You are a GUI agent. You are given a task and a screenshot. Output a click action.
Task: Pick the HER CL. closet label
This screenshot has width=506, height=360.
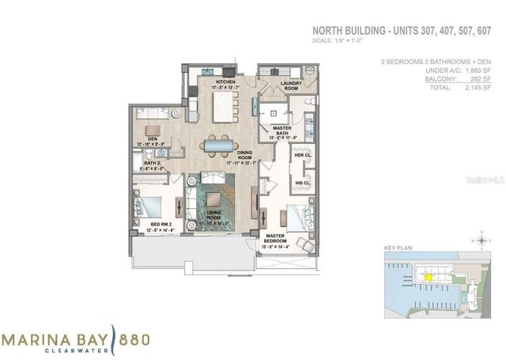pyautogui.click(x=301, y=156)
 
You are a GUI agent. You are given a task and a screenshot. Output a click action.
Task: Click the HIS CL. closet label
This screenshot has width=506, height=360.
pyautogui.click(x=301, y=183)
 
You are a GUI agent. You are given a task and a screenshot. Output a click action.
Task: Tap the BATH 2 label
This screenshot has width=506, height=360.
pyautogui.click(x=153, y=163)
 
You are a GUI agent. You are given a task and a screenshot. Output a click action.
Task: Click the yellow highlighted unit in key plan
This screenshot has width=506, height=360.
pyautogui.click(x=428, y=277)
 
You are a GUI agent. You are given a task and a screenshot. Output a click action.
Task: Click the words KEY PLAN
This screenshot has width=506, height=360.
pyautogui.click(x=395, y=248)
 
